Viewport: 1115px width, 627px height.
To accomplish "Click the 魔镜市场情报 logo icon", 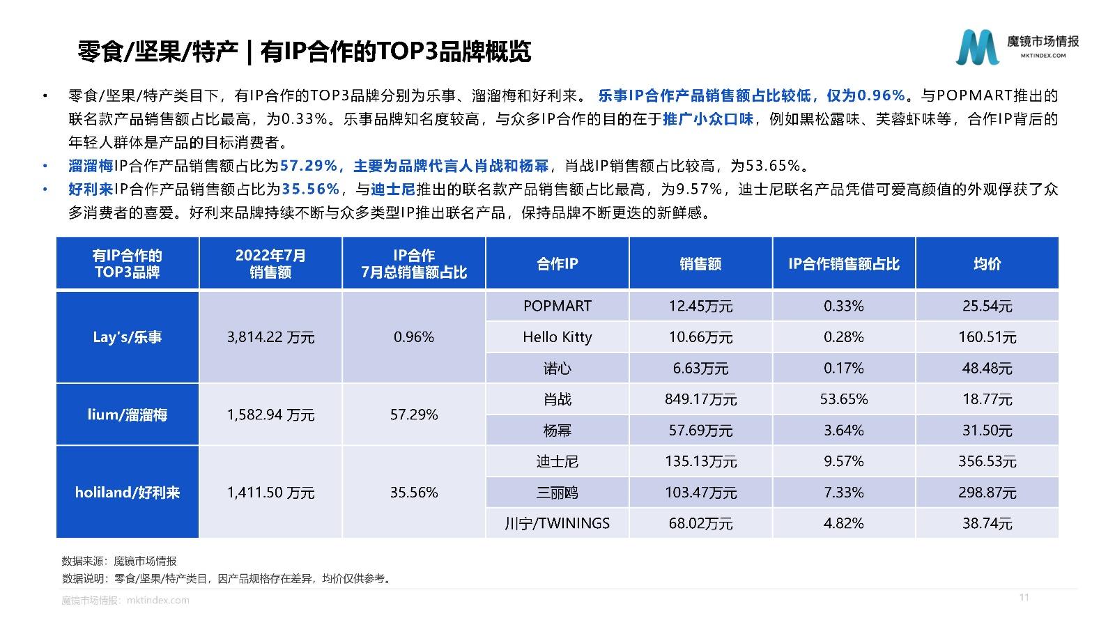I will tap(977, 47).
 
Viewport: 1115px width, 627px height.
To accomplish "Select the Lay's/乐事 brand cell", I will tap(128, 337).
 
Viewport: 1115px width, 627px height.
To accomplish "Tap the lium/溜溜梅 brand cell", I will tap(128, 415).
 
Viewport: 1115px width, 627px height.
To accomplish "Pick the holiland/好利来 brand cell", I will tap(128, 493).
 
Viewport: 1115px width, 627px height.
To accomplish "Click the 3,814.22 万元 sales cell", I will tap(270, 337).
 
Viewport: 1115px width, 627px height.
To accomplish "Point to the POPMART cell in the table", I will tap(557, 306).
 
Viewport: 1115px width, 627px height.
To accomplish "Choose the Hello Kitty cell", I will tap(557, 337).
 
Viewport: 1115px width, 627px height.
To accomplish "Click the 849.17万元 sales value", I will tap(700, 399).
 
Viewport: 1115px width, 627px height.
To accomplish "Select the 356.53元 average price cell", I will tap(987, 461).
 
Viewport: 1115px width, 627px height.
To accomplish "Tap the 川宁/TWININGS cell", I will tap(557, 523).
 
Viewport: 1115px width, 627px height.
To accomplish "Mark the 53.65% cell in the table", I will tap(843, 399).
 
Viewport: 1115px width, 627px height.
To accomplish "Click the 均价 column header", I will tap(987, 263).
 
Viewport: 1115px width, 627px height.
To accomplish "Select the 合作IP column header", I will tap(557, 263).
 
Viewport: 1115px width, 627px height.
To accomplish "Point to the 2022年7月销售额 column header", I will tap(270, 263).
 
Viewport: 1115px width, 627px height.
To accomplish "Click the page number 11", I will tap(1024, 597).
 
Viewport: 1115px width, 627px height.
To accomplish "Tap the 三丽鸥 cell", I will tap(557, 493).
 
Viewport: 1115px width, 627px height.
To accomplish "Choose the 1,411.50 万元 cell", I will tap(270, 493).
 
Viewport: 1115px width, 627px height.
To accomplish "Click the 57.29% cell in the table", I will tap(414, 415).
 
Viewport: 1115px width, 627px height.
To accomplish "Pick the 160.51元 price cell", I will tap(987, 337).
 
